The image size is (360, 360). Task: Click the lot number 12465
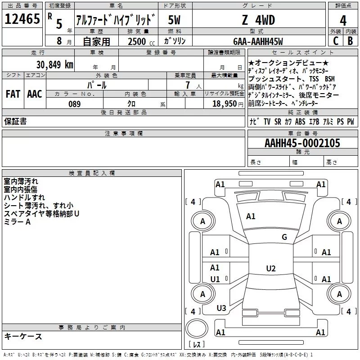(x=22, y=19)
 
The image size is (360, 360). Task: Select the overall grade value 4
(x=343, y=21)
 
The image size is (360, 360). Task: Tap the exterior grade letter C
(x=336, y=41)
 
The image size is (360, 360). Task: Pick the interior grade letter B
(x=350, y=41)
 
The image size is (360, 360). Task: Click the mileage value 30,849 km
(x=55, y=65)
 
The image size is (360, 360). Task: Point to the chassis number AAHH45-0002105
(x=302, y=143)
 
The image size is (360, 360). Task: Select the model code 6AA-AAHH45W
(x=258, y=41)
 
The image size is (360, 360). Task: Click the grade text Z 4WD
(x=258, y=20)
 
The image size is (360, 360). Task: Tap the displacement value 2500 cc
(x=141, y=41)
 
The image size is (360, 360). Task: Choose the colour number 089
(x=75, y=104)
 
